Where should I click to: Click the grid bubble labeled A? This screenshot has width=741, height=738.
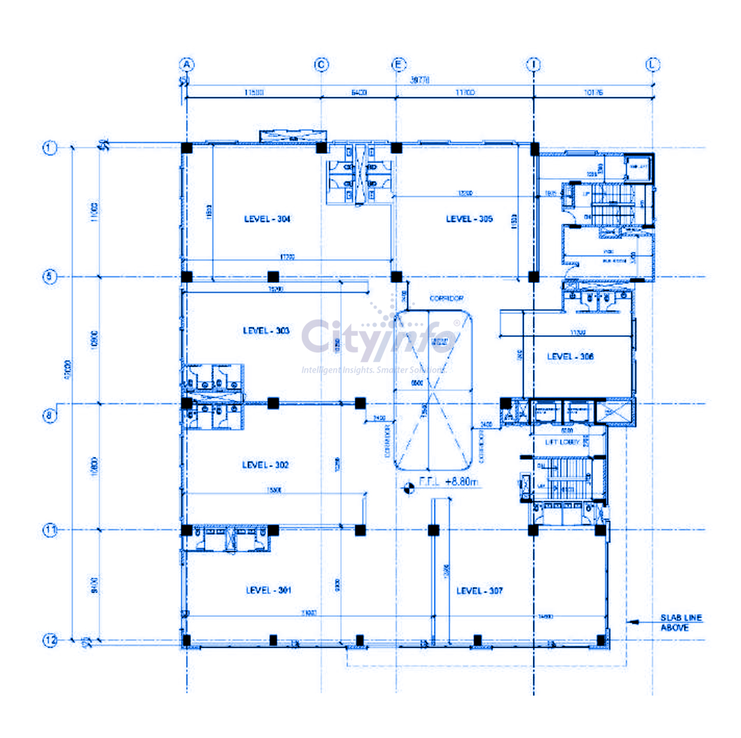[186, 64]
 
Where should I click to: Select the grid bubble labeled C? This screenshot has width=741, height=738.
[321, 64]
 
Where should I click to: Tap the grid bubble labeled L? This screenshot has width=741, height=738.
[653, 64]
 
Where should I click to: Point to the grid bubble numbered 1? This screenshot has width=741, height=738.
[50, 148]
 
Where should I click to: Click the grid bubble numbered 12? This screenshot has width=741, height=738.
[51, 640]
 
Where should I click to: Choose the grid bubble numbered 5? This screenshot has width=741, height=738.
[50, 277]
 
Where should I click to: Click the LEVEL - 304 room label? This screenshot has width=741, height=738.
[267, 219]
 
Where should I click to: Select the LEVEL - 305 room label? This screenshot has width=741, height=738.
[469, 219]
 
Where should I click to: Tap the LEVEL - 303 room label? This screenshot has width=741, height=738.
[266, 330]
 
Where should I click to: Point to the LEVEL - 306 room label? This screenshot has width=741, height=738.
[570, 357]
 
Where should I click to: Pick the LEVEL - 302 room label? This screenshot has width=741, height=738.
[265, 465]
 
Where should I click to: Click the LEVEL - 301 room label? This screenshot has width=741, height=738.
[268, 590]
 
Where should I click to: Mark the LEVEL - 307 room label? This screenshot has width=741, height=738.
[479, 591]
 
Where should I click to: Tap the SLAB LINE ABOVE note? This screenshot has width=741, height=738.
[681, 622]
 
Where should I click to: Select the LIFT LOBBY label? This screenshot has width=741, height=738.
[562, 442]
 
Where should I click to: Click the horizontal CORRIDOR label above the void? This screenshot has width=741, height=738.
[446, 298]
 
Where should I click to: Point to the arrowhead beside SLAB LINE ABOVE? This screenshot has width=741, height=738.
[632, 622]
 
